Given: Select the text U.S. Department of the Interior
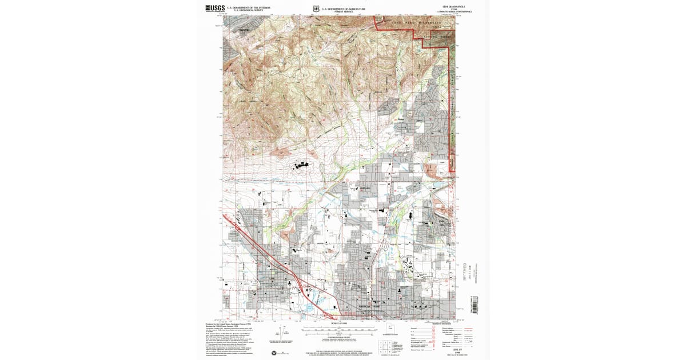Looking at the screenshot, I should (x=246, y=7).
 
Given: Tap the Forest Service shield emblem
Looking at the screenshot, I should (x=316, y=9).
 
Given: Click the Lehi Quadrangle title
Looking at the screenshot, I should (x=445, y=6).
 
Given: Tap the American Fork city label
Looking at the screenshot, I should (x=369, y=307).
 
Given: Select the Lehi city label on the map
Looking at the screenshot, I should (x=272, y=279).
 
